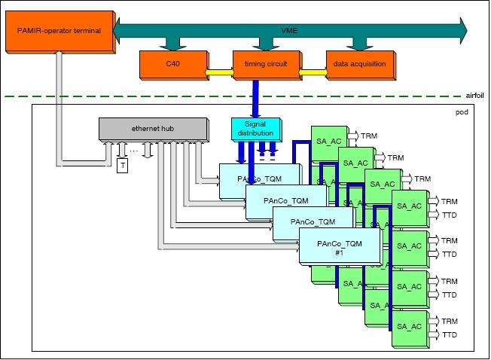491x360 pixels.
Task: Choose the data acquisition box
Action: click(x=359, y=64)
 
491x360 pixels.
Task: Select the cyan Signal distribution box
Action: click(x=255, y=129)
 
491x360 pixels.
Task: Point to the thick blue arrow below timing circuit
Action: click(x=255, y=98)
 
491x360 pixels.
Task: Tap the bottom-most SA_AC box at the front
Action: click(x=410, y=326)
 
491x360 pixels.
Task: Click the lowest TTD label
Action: click(x=450, y=335)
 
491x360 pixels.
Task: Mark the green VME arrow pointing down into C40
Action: click(x=168, y=43)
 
